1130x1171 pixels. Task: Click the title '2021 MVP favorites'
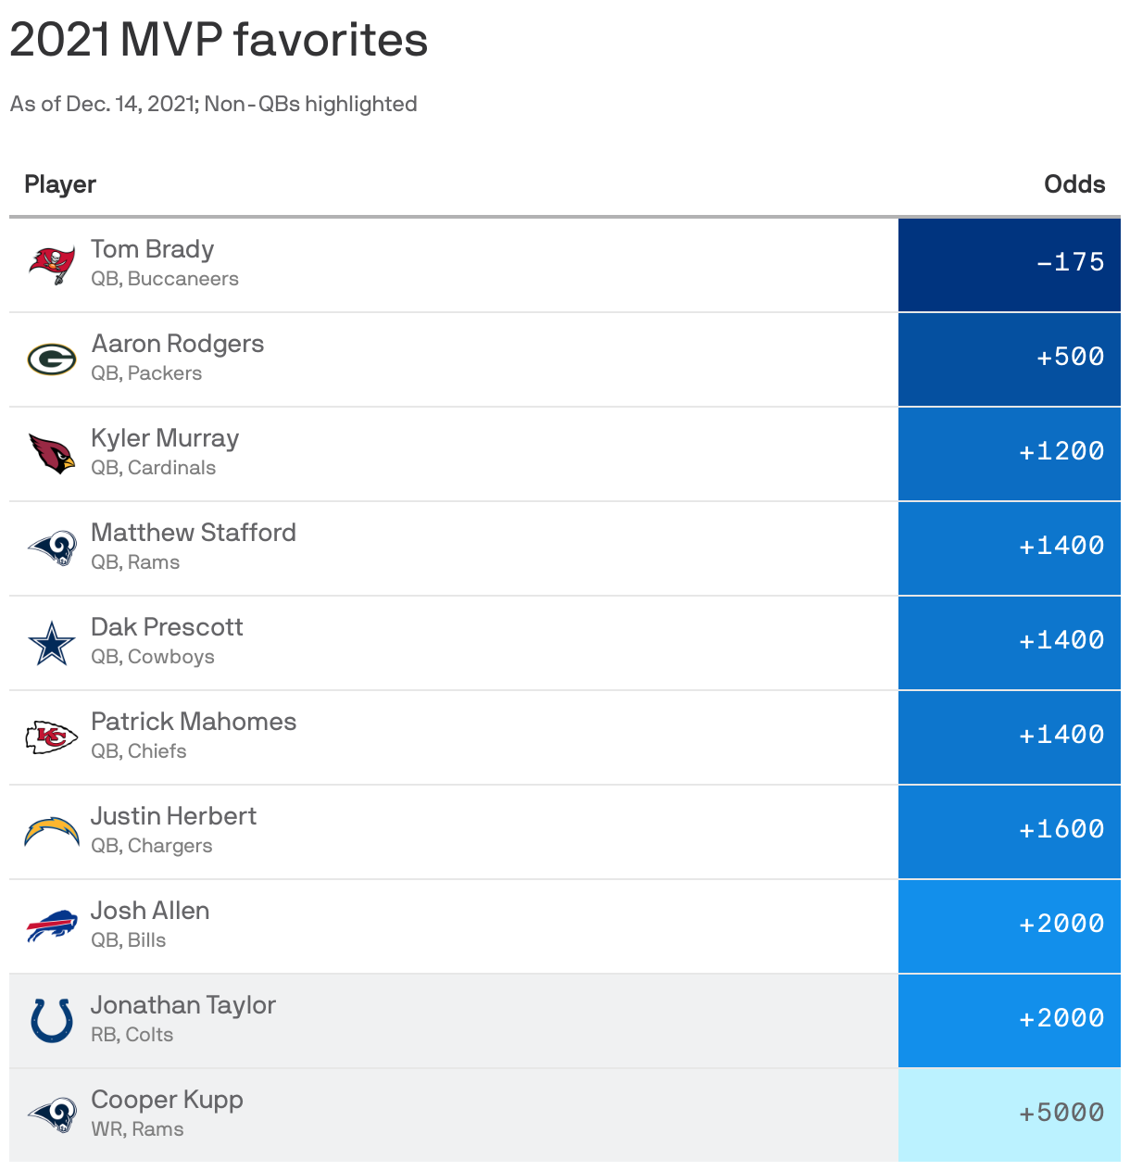(219, 40)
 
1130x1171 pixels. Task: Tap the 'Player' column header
(60, 184)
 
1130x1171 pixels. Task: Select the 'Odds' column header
(1073, 184)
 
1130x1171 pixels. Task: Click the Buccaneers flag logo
(52, 265)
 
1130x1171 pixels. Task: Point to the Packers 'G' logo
(52, 359)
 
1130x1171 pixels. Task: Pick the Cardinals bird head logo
(52, 454)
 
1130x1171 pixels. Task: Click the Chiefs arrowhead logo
(52, 737)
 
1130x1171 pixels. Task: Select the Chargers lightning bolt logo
(52, 831)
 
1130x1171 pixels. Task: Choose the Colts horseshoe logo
(52, 1020)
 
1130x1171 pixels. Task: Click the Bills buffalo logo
(52, 925)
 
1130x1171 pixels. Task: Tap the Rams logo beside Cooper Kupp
(52, 1114)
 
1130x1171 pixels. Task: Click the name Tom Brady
(152, 249)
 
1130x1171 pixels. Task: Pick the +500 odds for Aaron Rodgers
(1070, 357)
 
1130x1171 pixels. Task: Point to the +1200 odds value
(1061, 451)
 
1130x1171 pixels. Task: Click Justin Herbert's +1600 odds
(1061, 829)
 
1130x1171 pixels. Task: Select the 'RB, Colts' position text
(132, 1035)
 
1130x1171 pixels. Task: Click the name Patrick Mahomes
(194, 722)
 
